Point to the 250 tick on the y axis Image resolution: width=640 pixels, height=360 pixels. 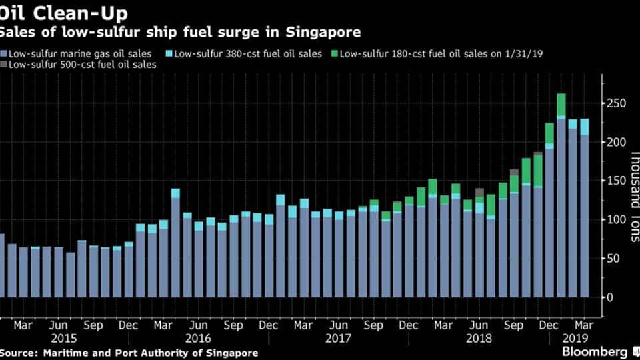(614, 104)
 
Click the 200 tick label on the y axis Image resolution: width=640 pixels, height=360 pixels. (614, 143)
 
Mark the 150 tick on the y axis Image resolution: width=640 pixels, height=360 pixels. (614, 181)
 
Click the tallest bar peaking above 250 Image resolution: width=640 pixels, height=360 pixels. (561, 200)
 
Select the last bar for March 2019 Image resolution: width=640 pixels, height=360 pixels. (584, 213)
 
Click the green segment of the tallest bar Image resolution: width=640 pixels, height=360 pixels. (561, 105)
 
